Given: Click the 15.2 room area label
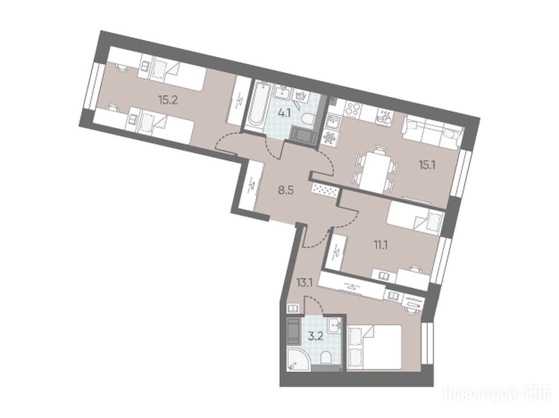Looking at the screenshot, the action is pos(168,100).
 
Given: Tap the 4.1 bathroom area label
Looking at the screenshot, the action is pos(284,114).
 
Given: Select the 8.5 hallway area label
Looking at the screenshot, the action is pos(286,191).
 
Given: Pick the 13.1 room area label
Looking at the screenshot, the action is pos(304,283).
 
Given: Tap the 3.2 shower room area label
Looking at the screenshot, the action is pos(316,336).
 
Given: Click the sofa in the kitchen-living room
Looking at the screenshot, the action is pos(432,132).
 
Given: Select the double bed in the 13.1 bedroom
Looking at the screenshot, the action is pos(374,348).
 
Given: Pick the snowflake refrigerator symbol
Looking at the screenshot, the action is pos(329,137).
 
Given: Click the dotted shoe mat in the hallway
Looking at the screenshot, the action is pos(325,190).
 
